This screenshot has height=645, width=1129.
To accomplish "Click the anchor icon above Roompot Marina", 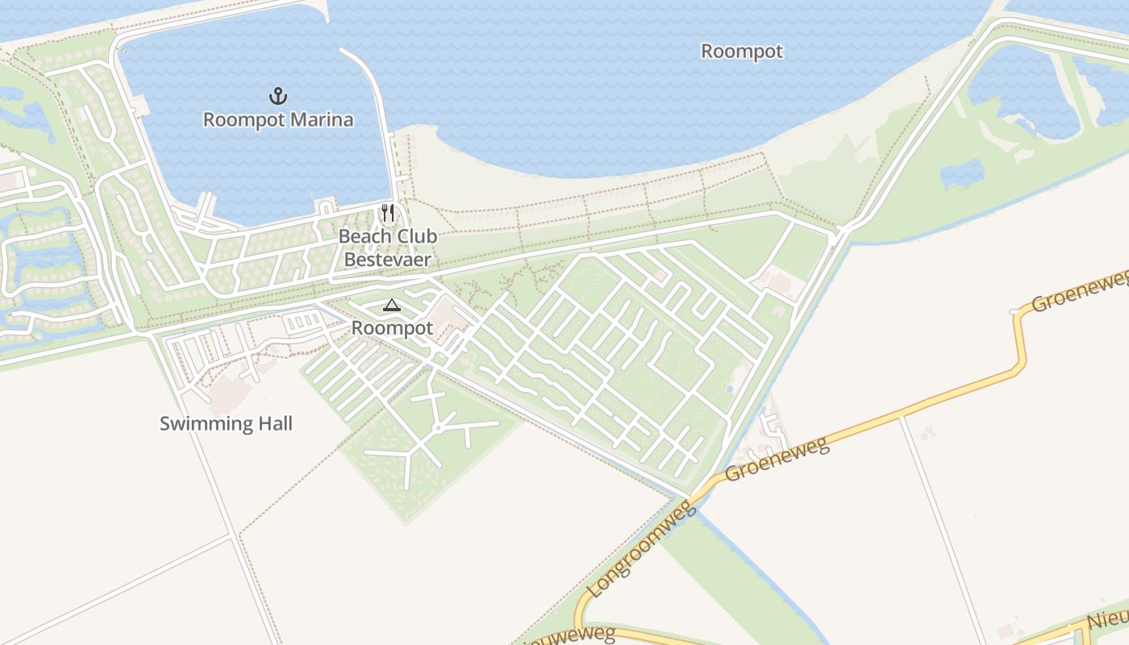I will [x=278, y=97].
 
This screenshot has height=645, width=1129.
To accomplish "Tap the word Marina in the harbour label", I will [x=318, y=120].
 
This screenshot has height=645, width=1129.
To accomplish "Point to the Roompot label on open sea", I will [x=741, y=52].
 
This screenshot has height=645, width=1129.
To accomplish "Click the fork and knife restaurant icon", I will [x=388, y=213].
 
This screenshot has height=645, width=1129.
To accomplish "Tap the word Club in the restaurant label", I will [x=417, y=236].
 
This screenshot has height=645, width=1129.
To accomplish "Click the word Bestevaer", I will [x=388, y=260].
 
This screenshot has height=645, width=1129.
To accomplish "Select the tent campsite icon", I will [x=391, y=305].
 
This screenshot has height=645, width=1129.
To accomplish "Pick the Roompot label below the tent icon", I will [x=392, y=328].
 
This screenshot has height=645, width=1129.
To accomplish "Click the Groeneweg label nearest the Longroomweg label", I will [x=777, y=459].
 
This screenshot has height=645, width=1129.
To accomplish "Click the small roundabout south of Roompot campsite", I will [x=437, y=428].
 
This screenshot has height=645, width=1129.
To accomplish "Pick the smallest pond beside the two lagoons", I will [x=962, y=173].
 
